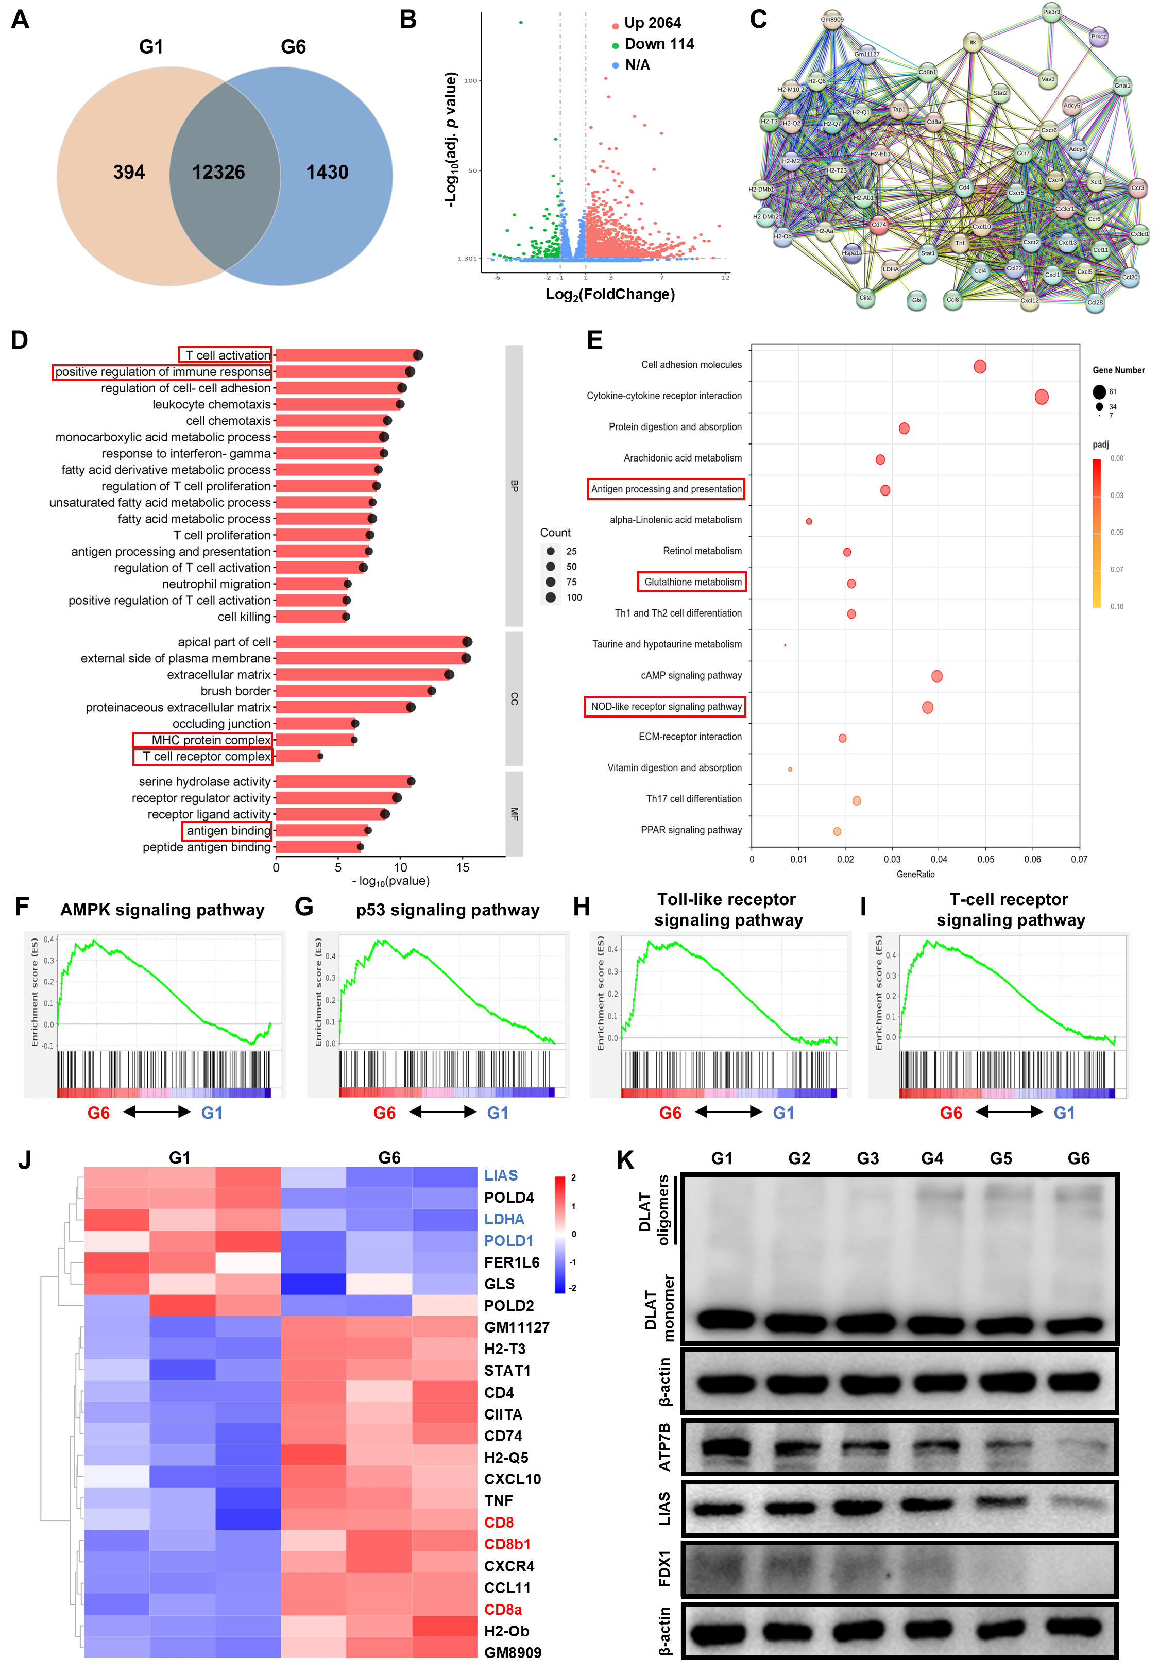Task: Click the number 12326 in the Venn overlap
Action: point(218,172)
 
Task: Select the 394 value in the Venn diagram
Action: point(129,172)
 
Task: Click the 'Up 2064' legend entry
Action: point(652,23)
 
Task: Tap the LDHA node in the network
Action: point(890,269)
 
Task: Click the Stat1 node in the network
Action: point(927,253)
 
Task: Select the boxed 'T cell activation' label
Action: point(226,355)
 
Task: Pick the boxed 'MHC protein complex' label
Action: point(202,740)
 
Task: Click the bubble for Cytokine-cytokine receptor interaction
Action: point(1042,397)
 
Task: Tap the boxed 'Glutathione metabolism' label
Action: point(692,582)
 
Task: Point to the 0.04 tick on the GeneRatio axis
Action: point(939,860)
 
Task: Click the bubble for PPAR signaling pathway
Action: point(837,831)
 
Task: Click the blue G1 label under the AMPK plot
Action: point(212,1113)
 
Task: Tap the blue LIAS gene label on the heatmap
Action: point(501,1175)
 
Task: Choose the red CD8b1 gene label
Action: point(507,1544)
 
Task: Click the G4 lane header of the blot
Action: point(932,1158)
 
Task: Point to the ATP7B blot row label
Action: point(664,1447)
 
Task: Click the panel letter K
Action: point(625,1160)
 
